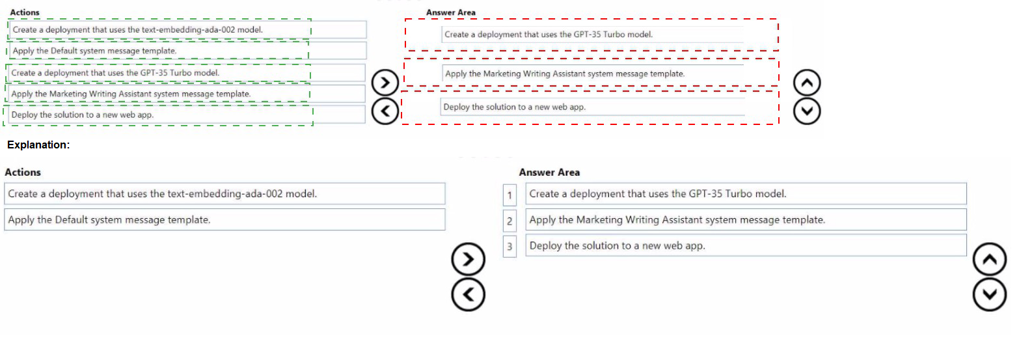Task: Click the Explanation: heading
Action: tap(38, 145)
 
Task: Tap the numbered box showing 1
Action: tap(509, 195)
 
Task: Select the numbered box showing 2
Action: tap(509, 221)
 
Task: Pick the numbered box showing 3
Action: tap(509, 246)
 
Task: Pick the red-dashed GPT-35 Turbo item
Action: tap(592, 35)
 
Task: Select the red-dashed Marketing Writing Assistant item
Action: tap(591, 72)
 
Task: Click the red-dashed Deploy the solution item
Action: tap(590, 107)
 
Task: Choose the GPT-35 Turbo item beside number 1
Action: tap(746, 194)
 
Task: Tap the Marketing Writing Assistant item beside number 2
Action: tap(746, 220)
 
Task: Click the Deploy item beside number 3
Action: tap(746, 245)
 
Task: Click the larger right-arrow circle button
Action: tap(468, 259)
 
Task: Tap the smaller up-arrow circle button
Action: tap(807, 83)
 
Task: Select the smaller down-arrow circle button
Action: tap(807, 111)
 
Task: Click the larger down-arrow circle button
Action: tap(990, 294)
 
